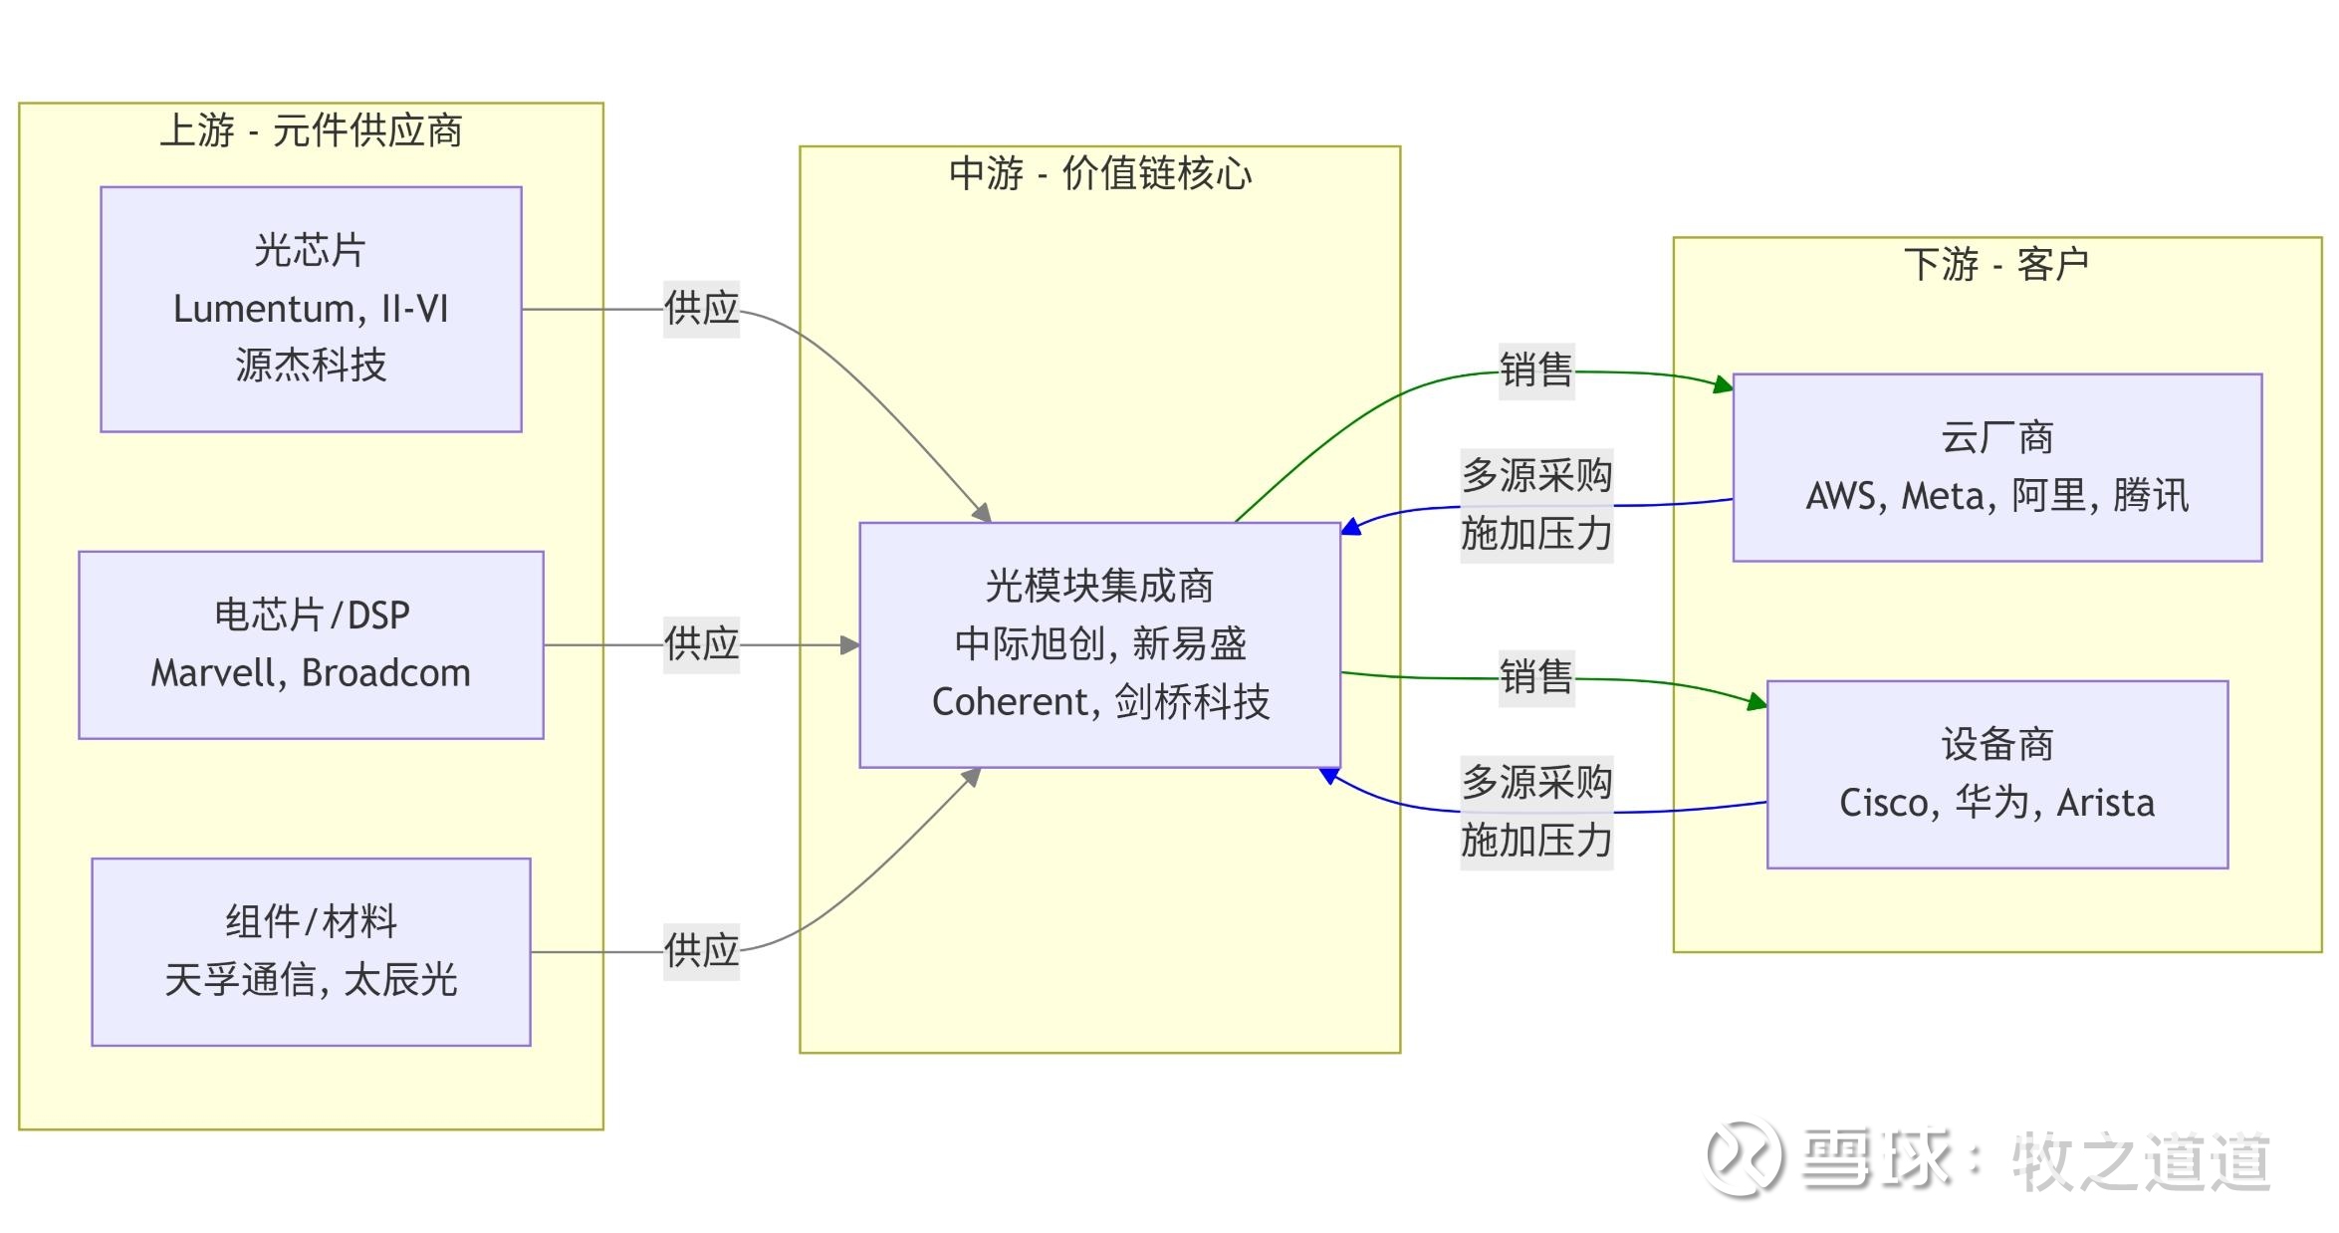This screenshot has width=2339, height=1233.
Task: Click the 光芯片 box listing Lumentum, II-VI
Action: pos(311,309)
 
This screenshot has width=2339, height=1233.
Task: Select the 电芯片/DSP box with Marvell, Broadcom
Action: pos(311,644)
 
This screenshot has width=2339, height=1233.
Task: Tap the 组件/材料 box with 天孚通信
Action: pos(311,951)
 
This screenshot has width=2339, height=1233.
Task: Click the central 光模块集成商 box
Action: pos(1099,644)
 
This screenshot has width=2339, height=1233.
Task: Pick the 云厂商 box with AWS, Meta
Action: pos(1996,467)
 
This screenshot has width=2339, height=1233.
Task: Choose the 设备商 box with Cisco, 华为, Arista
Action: pos(1996,774)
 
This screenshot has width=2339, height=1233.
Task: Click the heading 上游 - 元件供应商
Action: pos(311,130)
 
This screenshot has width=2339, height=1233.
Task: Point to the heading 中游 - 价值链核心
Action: pos(1099,173)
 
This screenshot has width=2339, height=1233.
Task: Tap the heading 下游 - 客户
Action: pos(1996,264)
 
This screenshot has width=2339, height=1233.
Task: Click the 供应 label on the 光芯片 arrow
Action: pos(701,309)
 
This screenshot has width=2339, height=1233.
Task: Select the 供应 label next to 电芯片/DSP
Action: pos(701,644)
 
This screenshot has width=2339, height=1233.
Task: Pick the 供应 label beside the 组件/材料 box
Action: pos(701,951)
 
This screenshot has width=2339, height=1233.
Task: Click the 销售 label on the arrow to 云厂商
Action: pos(1535,370)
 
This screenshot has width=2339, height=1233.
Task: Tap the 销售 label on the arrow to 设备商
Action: pos(1535,677)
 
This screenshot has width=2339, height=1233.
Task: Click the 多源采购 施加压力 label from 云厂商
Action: pos(1535,505)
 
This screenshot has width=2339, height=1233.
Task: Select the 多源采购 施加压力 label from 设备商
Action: pos(1535,812)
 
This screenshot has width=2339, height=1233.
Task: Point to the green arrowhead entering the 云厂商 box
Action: pos(1723,384)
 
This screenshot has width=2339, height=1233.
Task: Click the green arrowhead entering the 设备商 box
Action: pos(1756,702)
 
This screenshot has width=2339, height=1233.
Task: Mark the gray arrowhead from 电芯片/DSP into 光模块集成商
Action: pos(849,645)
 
